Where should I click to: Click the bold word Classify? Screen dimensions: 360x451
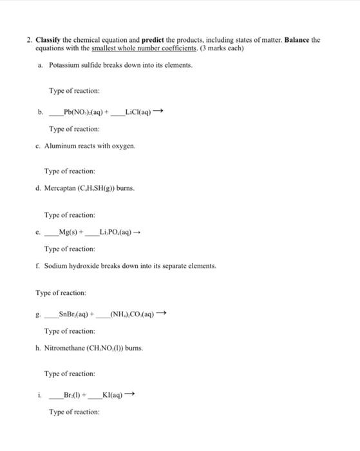click(49, 40)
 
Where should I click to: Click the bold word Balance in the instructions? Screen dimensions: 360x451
click(299, 40)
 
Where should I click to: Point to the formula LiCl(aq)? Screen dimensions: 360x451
click(138, 111)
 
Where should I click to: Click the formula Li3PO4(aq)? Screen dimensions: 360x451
click(118, 232)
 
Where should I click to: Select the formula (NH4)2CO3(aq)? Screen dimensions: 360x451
click(133, 314)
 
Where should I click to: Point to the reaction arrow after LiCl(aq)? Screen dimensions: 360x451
click(159, 111)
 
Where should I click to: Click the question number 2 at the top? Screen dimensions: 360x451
click(29, 40)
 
